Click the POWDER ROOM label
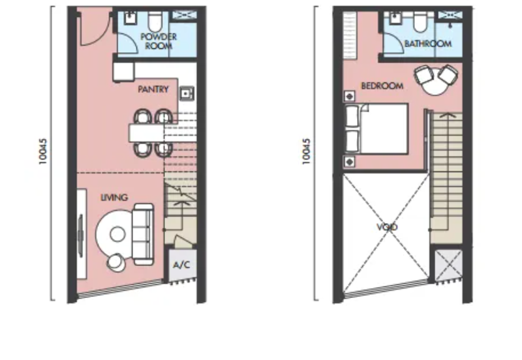pos(159,41)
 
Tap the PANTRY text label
pos(153,89)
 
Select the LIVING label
pos(114,198)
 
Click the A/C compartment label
pos(182,265)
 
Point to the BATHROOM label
pos(428,44)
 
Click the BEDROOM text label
pos(382,86)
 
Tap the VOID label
pos(387,227)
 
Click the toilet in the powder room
pos(155,21)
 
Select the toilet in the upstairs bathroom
pos(420,21)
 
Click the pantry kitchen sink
pos(187,93)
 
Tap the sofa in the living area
pos(143,234)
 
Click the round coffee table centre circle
pos(117,234)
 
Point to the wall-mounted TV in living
pos(80,235)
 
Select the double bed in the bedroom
pos(376,128)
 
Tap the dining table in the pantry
pos(146,133)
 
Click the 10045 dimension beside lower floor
pos(43,151)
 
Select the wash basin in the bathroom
pos(395,18)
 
